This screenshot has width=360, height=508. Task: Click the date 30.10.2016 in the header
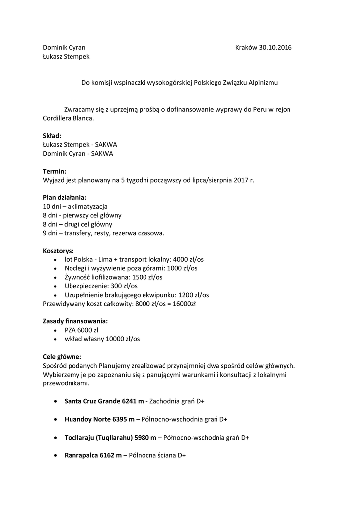pos(276,48)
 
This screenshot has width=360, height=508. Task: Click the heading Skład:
pos(52,135)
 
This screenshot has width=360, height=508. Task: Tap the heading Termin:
pos(55,171)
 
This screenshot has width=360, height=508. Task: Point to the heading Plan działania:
pos(65,197)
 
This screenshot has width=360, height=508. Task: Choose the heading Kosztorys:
pos(58,251)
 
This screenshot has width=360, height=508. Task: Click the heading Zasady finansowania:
pos(75,321)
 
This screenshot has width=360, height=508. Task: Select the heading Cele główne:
pos(62,356)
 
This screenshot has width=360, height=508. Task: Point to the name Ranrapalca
pos(81,455)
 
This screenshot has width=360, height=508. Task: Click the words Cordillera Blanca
pos(68,118)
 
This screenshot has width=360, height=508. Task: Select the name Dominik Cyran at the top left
pos(64,48)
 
